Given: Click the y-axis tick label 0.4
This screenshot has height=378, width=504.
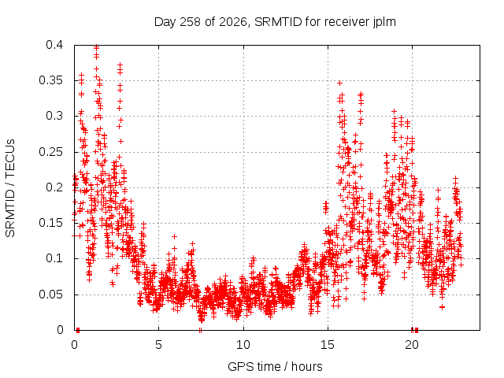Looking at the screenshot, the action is point(54,45).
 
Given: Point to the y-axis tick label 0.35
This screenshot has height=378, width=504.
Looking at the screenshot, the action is point(50,80).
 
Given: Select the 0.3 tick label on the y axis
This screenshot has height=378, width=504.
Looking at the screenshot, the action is point(54,116).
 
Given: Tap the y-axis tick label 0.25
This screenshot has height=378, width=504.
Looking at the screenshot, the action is point(50,152).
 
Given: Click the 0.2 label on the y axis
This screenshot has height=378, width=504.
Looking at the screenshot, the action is point(54,187).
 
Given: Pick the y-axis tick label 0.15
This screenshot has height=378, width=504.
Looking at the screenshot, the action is point(50,223).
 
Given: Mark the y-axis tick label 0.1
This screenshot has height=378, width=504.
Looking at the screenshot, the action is point(54,258).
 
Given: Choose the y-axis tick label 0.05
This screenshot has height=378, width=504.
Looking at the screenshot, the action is point(50,294).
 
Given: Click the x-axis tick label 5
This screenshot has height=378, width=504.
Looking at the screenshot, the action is point(158,345).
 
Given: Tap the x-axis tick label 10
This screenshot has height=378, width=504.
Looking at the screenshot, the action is point(243,345).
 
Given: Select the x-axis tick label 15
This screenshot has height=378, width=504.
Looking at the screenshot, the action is point(328,345).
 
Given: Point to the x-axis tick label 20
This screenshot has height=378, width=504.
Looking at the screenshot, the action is point(412,345).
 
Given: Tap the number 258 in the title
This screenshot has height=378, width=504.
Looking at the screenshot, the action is point(190,22).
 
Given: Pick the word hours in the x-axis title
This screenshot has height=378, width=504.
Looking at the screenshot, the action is point(306,366).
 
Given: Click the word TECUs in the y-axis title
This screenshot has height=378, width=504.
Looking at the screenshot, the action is point(10,158).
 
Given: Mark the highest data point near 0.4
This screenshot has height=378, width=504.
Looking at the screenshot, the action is point(96,47).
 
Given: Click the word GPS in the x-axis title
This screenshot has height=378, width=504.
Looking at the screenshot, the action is point(239,366).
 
